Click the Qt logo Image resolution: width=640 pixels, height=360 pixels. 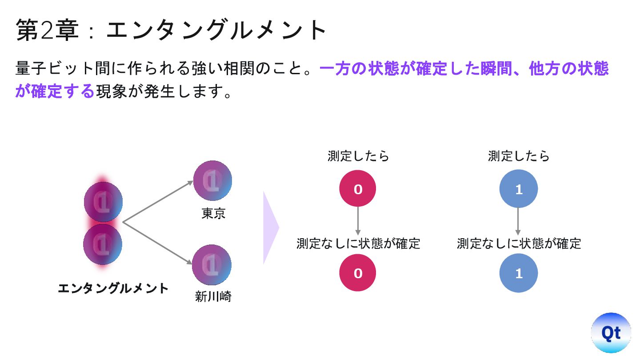[x=611, y=332]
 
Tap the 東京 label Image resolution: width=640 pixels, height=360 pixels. [x=213, y=214]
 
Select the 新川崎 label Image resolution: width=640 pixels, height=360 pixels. [x=213, y=296]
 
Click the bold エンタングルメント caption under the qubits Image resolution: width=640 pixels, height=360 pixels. [x=113, y=288]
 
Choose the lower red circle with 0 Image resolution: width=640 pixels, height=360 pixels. [x=358, y=272]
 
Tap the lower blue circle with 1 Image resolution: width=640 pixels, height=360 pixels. [x=519, y=272]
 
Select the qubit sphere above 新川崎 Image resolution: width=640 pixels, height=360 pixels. [x=212, y=265]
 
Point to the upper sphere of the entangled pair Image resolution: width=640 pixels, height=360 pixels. [x=103, y=202]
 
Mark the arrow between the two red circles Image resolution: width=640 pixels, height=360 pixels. [x=358, y=221]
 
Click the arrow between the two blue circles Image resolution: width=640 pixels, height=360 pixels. [x=518, y=221]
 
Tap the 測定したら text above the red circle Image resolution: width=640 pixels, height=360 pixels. [x=358, y=156]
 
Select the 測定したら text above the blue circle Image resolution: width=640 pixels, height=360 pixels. [x=519, y=156]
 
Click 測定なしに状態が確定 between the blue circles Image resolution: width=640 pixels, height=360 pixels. [x=519, y=244]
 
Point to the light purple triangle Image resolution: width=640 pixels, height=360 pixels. [x=270, y=228]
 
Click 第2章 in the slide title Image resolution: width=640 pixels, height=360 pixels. [x=47, y=30]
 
